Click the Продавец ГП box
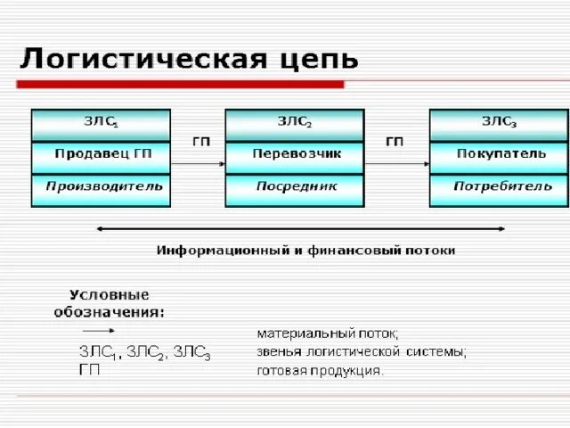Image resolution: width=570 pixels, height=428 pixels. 101,154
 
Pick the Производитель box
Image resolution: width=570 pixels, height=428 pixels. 101,188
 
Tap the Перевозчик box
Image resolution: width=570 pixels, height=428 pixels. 295,154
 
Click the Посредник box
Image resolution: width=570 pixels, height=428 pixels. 295,188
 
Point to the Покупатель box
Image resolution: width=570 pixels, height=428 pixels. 499,154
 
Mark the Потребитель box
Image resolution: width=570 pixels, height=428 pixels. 499,188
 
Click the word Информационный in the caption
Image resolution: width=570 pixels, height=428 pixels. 221,251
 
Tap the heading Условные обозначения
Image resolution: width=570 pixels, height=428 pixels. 110,303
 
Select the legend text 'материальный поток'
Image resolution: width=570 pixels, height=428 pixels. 329,333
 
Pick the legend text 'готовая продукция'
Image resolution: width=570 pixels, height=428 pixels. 321,370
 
